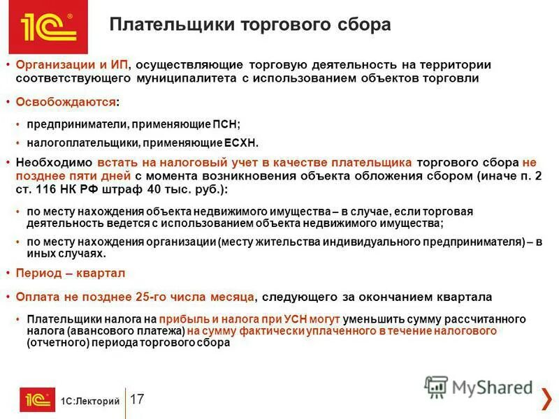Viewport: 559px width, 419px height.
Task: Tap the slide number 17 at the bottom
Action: [137, 399]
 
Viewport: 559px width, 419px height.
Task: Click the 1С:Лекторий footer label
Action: [90, 401]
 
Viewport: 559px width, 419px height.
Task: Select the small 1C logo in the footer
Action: [36, 399]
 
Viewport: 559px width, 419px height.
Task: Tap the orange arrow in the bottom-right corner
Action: [545, 399]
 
